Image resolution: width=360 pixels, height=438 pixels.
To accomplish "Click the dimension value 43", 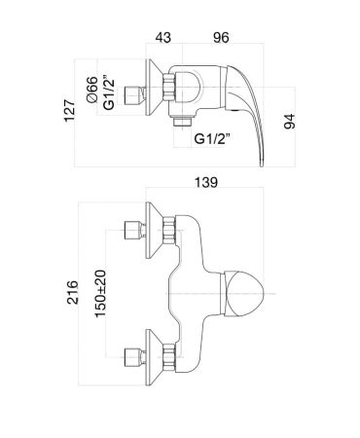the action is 162,37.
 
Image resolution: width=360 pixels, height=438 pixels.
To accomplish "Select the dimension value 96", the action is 221,37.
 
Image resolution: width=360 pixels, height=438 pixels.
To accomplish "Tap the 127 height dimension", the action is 69,111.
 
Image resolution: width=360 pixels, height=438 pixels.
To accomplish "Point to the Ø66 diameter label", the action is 91,90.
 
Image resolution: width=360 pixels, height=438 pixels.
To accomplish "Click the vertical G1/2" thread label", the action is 109,92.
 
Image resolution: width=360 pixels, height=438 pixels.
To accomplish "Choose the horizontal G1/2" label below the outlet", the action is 212,138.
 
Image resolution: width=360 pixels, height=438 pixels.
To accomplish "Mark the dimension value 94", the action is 290,122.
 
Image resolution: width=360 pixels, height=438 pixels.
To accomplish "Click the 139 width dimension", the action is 206,182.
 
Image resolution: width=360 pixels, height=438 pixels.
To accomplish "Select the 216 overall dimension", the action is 72,293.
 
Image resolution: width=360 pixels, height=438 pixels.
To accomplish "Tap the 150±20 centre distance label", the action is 100,294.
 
